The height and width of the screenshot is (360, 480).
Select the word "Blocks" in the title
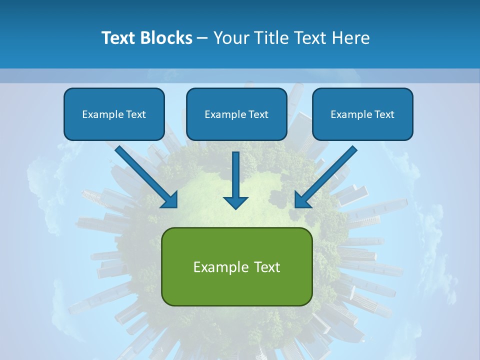coord(166,37)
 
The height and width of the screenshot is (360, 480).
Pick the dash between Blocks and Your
coord(202,38)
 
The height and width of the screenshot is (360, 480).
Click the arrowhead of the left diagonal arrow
coord(170,200)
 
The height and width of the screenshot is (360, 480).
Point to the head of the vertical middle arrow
coord(235,202)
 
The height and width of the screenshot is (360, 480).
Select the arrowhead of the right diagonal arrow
coord(302,200)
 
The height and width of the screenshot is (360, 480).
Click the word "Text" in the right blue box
coord(384,114)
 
